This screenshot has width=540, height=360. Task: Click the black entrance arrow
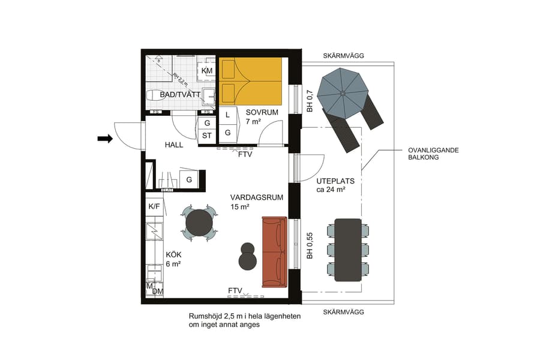pyautogui.click(x=105, y=139)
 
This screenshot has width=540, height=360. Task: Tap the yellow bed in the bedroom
pyautogui.click(x=251, y=81)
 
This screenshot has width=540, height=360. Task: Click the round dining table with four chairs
pyautogui.click(x=199, y=223)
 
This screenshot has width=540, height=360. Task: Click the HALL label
pyautogui.click(x=174, y=145)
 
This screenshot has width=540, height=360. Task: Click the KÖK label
pyautogui.click(x=173, y=254)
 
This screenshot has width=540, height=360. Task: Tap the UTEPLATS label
pyautogui.click(x=335, y=181)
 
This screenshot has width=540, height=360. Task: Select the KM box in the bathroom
pyautogui.click(x=207, y=71)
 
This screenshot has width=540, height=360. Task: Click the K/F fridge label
pyautogui.click(x=154, y=206)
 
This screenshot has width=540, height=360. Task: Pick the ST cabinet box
pyautogui.click(x=207, y=136)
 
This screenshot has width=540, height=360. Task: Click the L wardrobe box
pyautogui.click(x=227, y=115)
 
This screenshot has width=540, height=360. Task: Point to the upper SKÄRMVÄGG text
pyautogui.click(x=343, y=56)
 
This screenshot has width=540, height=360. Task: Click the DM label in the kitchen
pyautogui.click(x=157, y=292)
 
